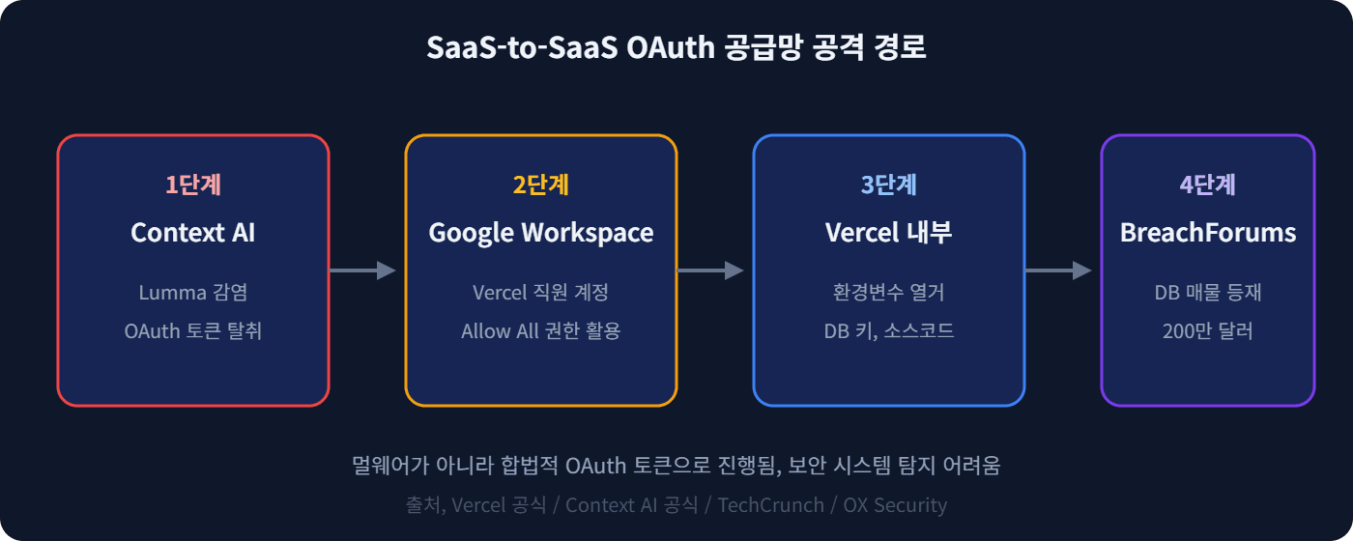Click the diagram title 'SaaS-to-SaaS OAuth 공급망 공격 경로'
pos(676,47)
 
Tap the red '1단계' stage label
pos(193,185)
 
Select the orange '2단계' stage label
pos(541,185)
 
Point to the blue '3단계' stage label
pos(889,185)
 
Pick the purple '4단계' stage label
pos(1208,185)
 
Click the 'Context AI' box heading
pos(193,233)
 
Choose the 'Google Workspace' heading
pos(541,233)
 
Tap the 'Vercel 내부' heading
pos(889,233)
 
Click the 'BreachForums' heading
pos(1208,233)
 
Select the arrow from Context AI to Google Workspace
pos(363,270)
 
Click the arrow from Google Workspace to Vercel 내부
pos(711,270)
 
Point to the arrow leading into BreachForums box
pos(1059,270)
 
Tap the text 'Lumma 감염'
pos(193,292)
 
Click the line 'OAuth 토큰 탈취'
pos(193,330)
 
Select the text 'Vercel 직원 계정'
pos(541,292)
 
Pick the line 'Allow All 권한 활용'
pos(541,330)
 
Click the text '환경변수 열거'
pos(889,292)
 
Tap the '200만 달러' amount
pos(1208,330)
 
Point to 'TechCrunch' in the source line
pos(770,505)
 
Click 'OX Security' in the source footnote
pos(895,505)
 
